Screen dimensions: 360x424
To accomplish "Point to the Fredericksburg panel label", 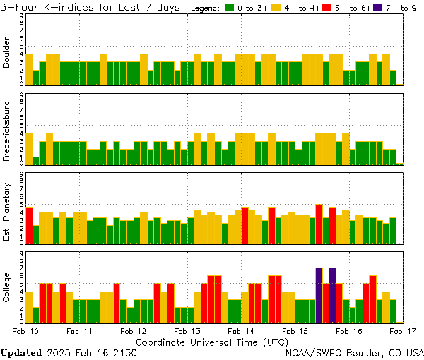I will click(x=7, y=130).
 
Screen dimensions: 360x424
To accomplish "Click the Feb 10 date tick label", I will click(x=26, y=330).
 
